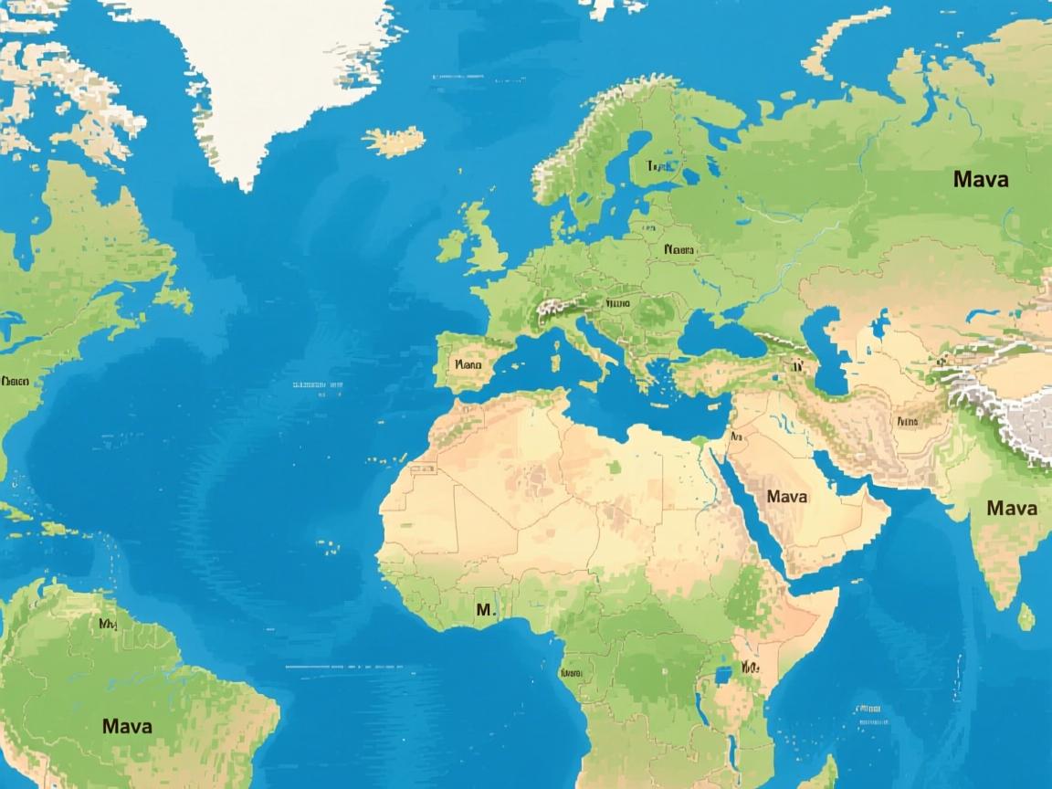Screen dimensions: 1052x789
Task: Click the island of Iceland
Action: (394, 142)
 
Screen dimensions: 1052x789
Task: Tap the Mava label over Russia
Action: (981, 179)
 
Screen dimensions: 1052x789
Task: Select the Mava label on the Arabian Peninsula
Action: (787, 497)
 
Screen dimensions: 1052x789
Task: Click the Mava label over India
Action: (1012, 508)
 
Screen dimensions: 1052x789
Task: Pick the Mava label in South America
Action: (127, 727)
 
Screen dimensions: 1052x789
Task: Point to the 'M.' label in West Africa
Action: (485, 609)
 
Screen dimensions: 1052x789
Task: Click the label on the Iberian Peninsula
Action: (467, 363)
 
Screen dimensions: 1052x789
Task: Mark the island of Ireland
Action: (453, 245)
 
